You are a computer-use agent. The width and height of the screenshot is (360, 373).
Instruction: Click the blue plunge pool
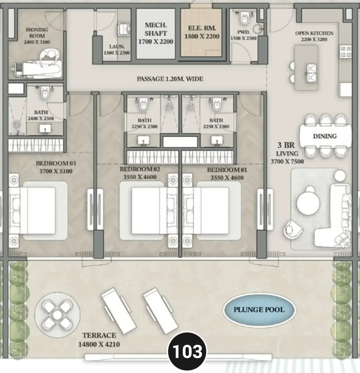(x=259, y=310)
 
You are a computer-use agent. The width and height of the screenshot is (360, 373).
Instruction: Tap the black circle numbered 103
(x=187, y=351)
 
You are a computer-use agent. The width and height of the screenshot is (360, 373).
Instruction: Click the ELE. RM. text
(x=202, y=28)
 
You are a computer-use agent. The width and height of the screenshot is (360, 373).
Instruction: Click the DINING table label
(x=325, y=136)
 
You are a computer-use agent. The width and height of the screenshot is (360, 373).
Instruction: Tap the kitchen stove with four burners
(x=346, y=52)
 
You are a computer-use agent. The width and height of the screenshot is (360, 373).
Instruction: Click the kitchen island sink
(x=311, y=73)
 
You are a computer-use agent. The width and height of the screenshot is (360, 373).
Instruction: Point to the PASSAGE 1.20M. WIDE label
(x=170, y=79)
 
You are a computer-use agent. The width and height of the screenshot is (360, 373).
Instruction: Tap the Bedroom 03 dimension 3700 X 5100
(x=56, y=171)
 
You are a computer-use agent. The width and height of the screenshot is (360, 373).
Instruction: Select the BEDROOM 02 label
(x=140, y=169)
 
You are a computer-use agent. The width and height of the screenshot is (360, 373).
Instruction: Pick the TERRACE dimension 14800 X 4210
(x=99, y=344)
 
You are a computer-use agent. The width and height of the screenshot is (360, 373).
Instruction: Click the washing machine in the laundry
(x=124, y=29)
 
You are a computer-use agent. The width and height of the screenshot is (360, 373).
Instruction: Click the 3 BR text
(x=286, y=145)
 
